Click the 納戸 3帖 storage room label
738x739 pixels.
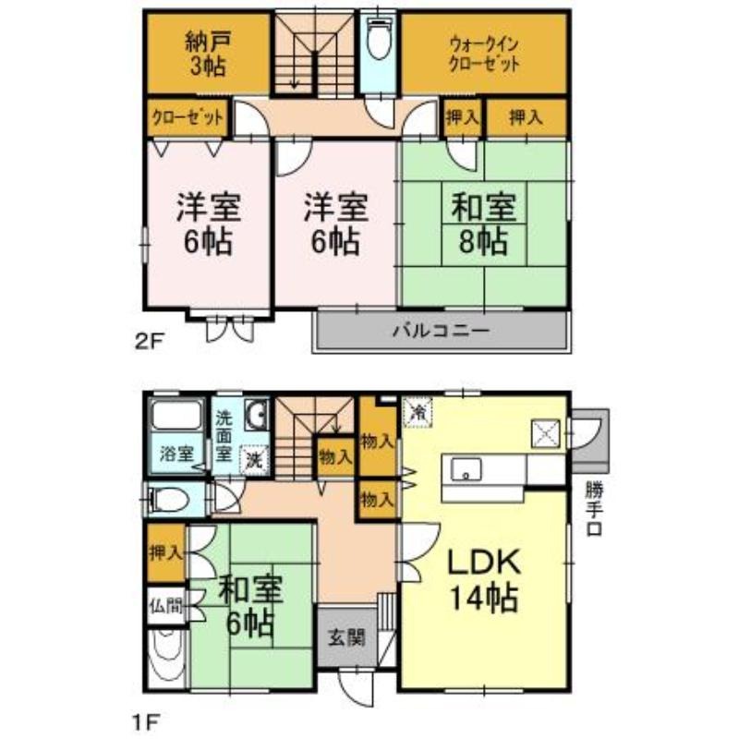[208, 54]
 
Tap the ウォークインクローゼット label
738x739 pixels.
[482, 54]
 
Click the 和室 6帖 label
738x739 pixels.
[250, 606]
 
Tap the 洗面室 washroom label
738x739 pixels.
[224, 435]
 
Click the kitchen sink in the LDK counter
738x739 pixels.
[467, 469]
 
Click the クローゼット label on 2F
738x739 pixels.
[188, 117]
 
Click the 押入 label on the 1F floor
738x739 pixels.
[166, 553]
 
